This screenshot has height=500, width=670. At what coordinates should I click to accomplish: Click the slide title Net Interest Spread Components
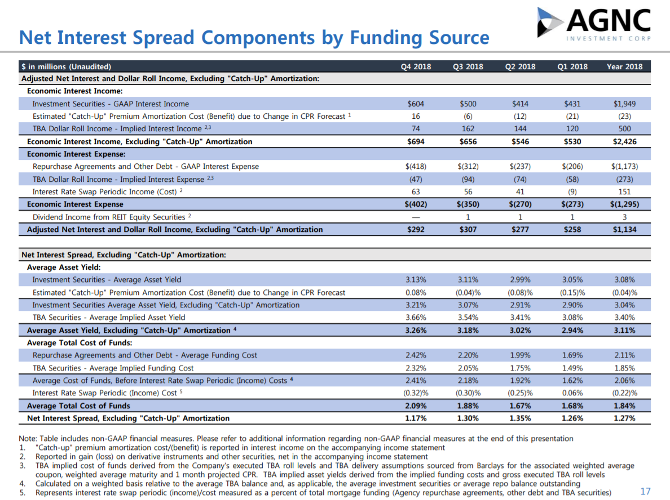click(x=254, y=38)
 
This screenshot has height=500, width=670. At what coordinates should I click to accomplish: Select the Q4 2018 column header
click(x=416, y=66)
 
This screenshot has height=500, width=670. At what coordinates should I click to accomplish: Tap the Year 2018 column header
click(x=624, y=66)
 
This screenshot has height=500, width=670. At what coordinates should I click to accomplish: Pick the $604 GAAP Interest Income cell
click(x=416, y=104)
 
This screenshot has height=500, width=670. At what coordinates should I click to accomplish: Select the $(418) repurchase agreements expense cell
click(x=416, y=166)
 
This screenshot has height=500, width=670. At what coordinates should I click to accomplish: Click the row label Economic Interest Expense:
click(x=76, y=154)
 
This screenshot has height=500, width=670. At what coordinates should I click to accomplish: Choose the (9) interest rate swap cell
click(x=572, y=191)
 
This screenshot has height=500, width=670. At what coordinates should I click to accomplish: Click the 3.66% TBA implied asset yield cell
click(x=416, y=317)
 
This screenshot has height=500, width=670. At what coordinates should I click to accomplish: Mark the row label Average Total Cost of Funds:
click(x=80, y=342)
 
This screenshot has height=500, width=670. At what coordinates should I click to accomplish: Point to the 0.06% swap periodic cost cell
click(x=572, y=393)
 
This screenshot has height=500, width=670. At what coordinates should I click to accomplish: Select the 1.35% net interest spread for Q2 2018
click(x=520, y=418)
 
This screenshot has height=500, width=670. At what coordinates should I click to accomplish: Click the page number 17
click(x=646, y=492)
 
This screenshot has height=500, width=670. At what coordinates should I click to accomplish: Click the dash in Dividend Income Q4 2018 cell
click(x=416, y=217)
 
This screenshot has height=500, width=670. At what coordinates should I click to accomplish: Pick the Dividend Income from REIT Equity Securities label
click(x=109, y=217)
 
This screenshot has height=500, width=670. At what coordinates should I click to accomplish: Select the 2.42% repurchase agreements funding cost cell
click(x=416, y=355)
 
